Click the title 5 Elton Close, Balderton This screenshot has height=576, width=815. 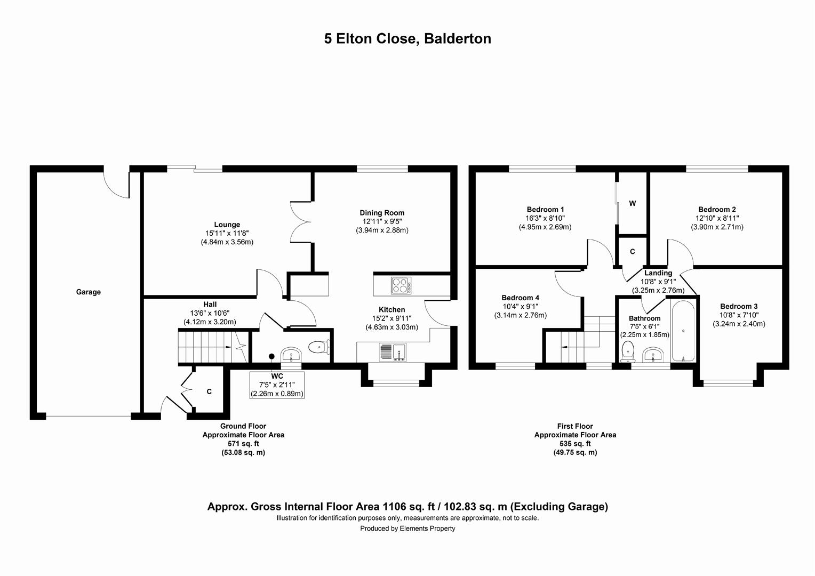coord(407,39)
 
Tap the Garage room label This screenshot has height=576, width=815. coord(88,292)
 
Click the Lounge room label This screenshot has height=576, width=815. coord(227,225)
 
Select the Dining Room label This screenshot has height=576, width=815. coord(382,213)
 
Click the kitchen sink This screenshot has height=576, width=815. coord(393,352)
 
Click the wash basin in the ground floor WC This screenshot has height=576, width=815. coord(291,355)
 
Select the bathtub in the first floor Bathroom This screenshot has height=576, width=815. coord(683,331)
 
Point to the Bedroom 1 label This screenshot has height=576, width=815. coord(545,210)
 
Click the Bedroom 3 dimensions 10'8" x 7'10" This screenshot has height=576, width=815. coord(739,315)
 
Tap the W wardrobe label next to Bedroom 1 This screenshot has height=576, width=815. coord(632,203)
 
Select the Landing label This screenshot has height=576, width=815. coord(658,273)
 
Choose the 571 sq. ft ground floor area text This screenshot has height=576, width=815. coord(243,443)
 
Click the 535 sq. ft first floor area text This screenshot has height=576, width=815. coord(575,443)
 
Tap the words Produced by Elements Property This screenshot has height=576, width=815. coord(407,529)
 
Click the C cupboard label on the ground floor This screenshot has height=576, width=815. coord(209,391)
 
